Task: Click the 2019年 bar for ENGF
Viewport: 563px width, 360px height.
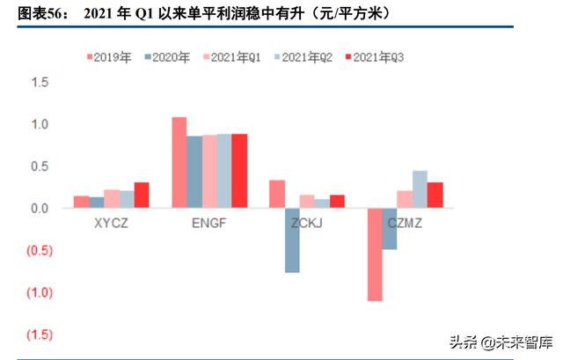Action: (179, 163)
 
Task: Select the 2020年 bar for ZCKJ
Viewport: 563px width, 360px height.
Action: (291, 240)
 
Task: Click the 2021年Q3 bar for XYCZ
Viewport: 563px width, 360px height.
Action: (142, 195)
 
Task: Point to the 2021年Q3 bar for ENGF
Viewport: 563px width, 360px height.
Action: (239, 171)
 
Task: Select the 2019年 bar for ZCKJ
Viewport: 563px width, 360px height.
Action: (276, 195)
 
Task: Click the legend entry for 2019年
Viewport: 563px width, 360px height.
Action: (110, 57)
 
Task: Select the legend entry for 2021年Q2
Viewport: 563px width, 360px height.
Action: (301, 57)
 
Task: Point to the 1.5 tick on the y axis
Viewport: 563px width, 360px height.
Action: (40, 82)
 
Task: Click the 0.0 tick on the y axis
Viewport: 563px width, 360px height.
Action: (40, 209)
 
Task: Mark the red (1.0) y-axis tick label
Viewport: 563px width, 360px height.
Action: (39, 293)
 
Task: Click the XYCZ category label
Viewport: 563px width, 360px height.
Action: (113, 223)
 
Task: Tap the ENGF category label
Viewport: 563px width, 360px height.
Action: (208, 223)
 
